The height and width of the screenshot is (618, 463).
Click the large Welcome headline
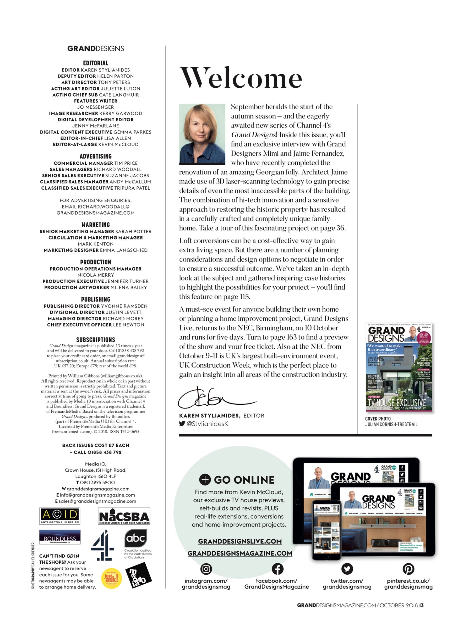coord(241,78)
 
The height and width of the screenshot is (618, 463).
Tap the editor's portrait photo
coord(202,134)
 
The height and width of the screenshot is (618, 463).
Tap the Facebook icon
coord(277,568)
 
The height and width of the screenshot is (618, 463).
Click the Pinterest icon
coord(408,568)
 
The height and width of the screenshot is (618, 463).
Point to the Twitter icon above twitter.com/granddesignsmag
coord(347,568)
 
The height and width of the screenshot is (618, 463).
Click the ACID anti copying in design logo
coord(60,516)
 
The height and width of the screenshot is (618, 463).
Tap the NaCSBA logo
coord(124,516)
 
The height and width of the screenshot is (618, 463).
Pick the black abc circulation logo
coord(135,538)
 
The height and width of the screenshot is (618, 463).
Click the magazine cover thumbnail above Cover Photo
coord(399,367)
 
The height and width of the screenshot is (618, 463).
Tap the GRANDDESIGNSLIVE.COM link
coord(240,541)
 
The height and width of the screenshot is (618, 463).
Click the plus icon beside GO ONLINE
coord(205,479)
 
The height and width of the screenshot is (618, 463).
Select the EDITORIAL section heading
coord(95,63)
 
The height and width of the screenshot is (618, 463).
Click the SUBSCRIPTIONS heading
coord(95,340)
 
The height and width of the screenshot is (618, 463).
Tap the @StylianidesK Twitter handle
coord(207,423)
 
